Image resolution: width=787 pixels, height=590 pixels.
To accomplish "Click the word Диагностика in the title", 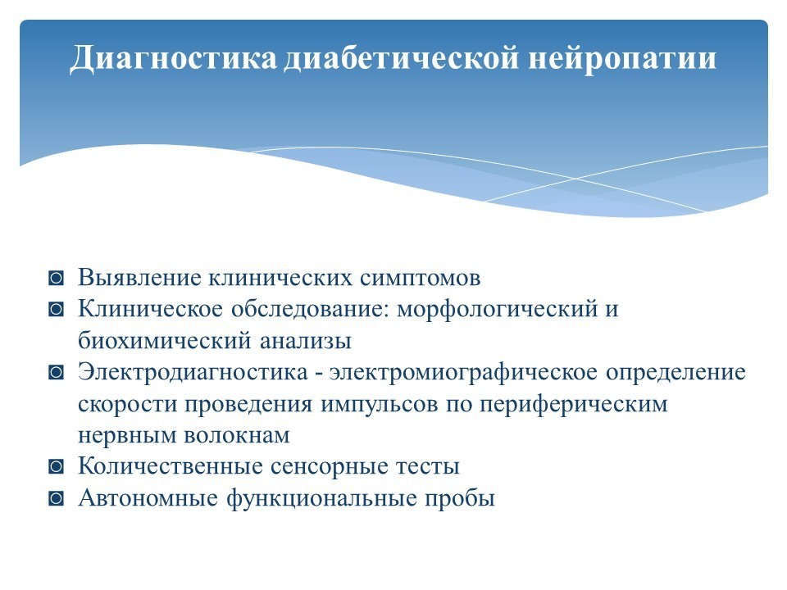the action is [173, 59].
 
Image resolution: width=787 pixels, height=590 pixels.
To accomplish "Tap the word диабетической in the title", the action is [401, 57].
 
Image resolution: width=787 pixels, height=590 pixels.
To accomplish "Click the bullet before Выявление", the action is [57, 278].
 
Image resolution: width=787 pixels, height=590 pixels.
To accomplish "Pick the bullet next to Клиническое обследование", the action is [57, 309].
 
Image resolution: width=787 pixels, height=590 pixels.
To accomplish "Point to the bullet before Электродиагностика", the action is [57, 372].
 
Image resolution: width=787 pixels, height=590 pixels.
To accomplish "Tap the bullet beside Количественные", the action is [57, 466].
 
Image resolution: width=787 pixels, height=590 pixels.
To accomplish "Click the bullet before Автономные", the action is [57, 499].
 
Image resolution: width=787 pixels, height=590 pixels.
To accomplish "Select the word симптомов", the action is [420, 279].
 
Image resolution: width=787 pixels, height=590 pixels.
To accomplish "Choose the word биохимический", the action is [165, 341].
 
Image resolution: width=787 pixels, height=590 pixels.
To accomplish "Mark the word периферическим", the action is [574, 404].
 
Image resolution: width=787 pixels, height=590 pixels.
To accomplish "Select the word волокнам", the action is [236, 435].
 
